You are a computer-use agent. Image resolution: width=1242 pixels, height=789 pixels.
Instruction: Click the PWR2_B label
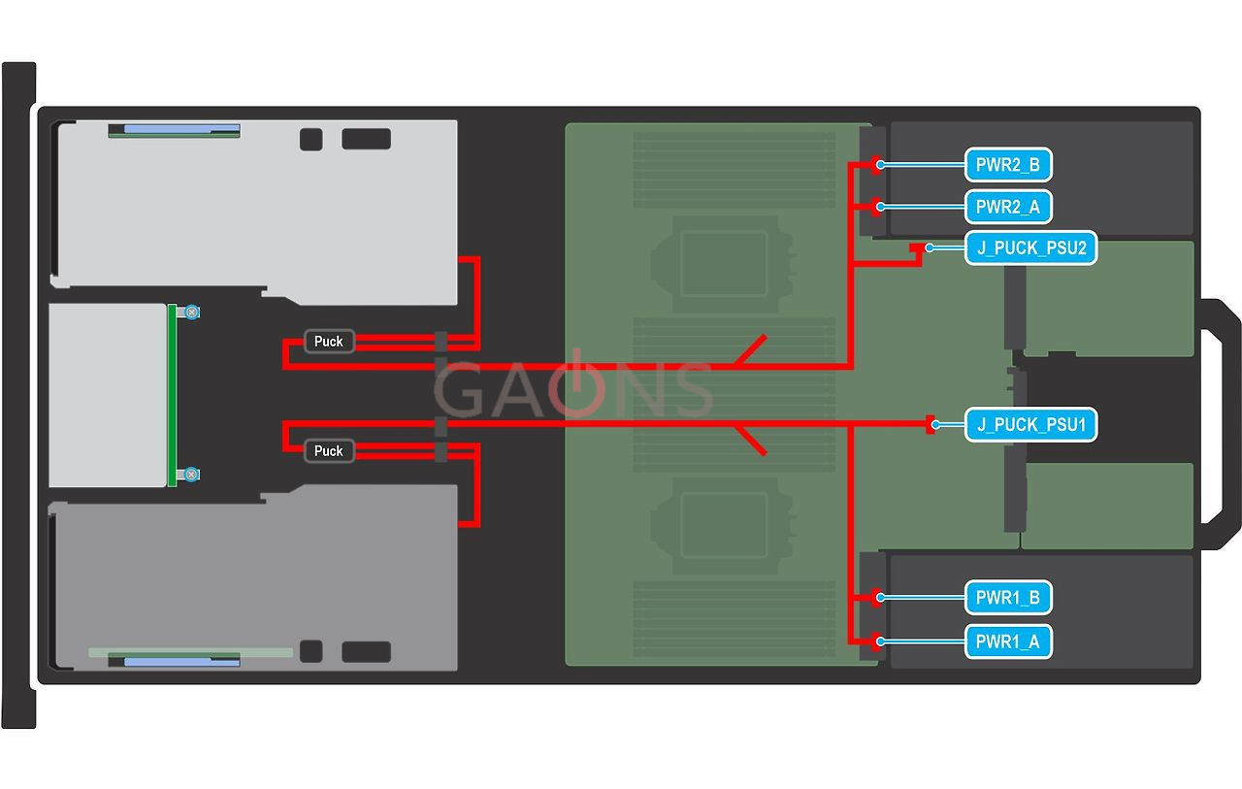click(1008, 165)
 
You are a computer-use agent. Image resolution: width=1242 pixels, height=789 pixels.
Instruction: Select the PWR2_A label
click(1008, 207)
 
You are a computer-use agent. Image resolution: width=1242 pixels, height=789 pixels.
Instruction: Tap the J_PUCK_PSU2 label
click(1030, 248)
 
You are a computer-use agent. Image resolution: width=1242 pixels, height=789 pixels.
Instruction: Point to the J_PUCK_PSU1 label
click(1030, 425)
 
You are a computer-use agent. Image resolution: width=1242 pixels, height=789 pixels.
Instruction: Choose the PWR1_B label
click(1008, 598)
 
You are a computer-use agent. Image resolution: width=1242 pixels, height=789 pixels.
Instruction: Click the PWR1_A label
click(1008, 641)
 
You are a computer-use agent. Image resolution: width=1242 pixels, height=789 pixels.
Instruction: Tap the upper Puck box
click(329, 342)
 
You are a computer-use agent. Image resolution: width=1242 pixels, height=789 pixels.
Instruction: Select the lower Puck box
click(329, 451)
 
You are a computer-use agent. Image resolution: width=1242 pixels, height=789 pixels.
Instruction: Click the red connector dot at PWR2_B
click(877, 164)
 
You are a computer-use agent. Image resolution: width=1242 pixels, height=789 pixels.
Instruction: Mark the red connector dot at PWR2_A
click(877, 206)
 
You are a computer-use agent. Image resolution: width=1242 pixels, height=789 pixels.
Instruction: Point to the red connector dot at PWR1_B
click(877, 597)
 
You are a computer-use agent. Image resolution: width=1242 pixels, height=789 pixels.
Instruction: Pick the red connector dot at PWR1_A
click(877, 641)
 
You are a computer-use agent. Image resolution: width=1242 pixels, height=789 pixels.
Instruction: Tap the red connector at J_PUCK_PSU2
click(916, 249)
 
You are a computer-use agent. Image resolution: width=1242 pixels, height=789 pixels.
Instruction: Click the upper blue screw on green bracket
click(192, 312)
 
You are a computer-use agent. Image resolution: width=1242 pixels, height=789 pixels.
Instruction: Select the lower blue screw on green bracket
click(192, 474)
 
